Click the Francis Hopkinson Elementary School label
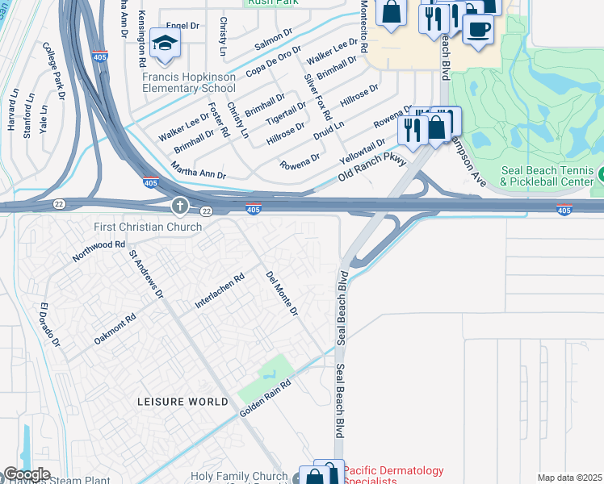189,83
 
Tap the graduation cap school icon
165,44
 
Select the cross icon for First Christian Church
179,207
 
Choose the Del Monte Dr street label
283,293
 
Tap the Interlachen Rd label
220,292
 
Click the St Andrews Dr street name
146,273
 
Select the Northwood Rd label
99,251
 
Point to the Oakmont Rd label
115,329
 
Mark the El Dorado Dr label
50,325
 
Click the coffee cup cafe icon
478,29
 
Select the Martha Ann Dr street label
198,170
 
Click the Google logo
26,474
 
